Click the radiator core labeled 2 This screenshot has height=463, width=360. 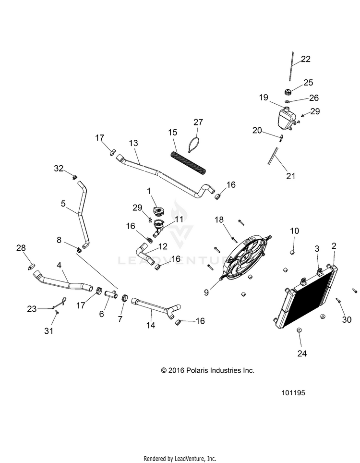pos(307,300)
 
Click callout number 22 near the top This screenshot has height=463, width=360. pos(306,60)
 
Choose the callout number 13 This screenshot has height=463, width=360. pos(133,143)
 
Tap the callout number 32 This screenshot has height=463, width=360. pos(59,168)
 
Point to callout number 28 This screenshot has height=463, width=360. pos(21,248)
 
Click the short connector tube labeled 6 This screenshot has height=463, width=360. pos(111,293)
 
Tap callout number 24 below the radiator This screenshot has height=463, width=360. pos(302,353)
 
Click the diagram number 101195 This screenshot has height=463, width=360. pos(293,392)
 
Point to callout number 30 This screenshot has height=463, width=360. pos(347,319)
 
